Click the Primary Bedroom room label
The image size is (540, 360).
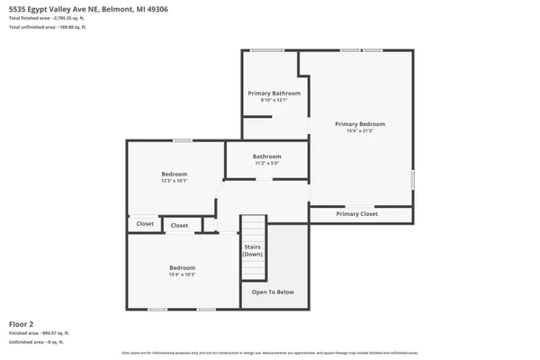(360, 124)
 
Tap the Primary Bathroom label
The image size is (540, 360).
(274, 94)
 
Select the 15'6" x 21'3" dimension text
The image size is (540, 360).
(360, 131)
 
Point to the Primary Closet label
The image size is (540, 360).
(357, 214)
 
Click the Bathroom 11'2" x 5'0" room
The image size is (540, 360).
(267, 159)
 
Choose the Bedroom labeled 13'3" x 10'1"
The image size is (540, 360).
(175, 176)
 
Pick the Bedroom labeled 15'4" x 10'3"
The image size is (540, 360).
(183, 270)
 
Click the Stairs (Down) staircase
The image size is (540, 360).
(253, 249)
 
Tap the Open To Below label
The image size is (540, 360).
(273, 292)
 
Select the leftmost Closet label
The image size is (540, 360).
(144, 223)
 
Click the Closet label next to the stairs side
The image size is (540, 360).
(180, 225)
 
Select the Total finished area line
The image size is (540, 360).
(50, 18)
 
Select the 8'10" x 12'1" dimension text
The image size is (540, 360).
(274, 100)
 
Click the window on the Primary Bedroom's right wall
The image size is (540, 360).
(414, 179)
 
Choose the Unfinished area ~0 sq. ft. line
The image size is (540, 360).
(36, 342)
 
